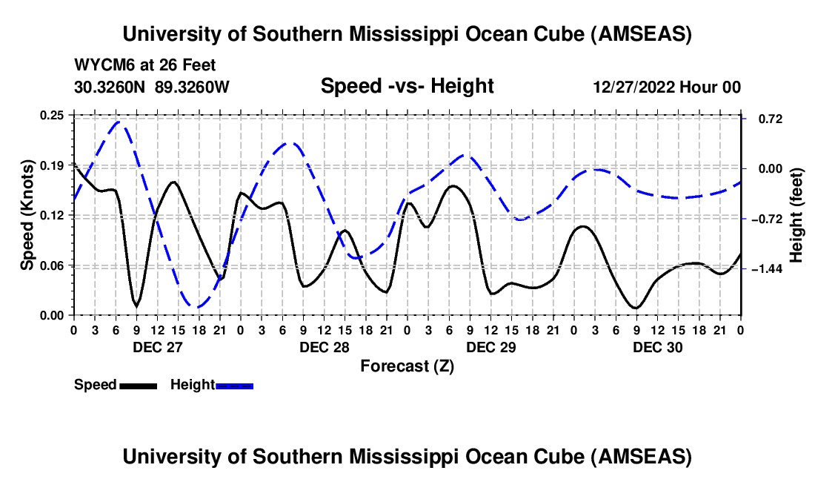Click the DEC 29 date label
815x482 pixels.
point(490,347)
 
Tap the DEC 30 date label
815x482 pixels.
point(657,347)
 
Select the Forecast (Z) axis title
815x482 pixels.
point(407,366)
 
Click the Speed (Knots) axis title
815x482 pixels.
point(27,215)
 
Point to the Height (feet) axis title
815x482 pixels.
point(796,215)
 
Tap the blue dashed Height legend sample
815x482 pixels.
point(234,385)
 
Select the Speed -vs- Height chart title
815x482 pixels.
point(407,86)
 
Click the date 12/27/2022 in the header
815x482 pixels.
point(634,87)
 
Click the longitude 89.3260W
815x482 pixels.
point(192,87)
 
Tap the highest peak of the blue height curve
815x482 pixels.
point(119,122)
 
